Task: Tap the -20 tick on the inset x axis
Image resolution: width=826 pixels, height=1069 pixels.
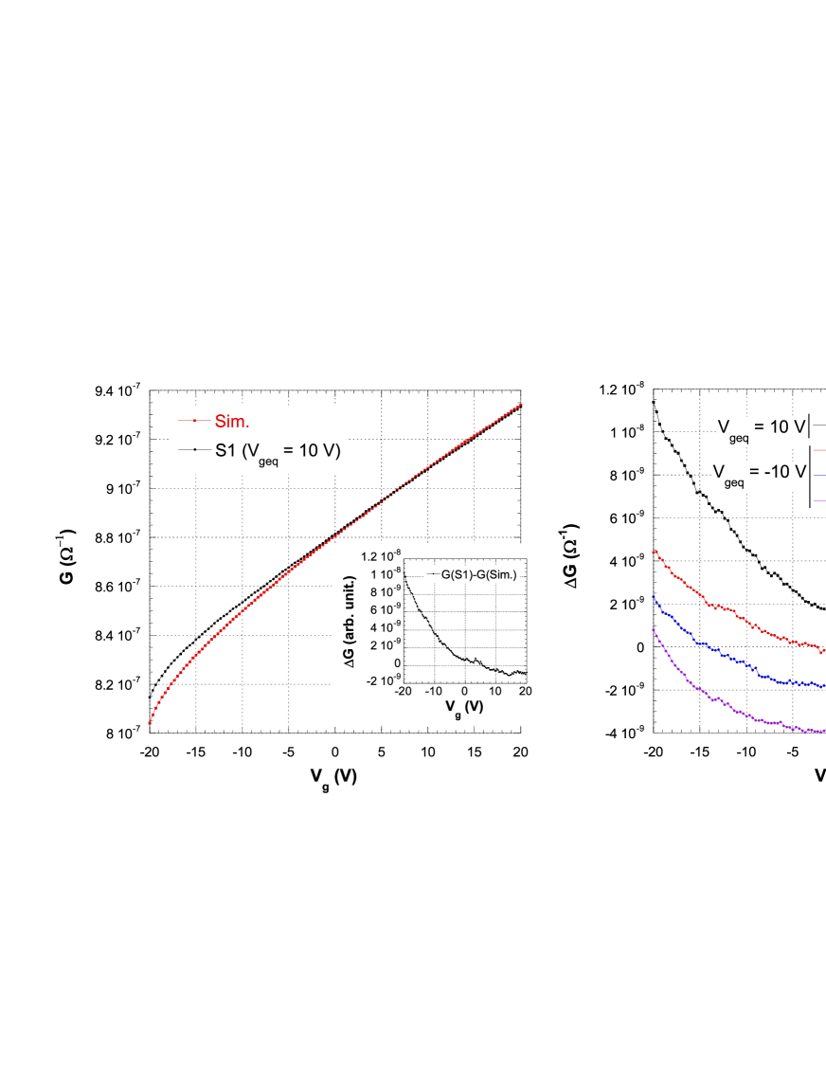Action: (x=404, y=691)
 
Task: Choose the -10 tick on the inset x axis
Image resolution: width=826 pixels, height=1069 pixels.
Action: (x=434, y=691)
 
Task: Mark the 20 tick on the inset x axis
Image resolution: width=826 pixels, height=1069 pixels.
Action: (x=525, y=691)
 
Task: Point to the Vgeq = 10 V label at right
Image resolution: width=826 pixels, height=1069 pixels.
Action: (x=760, y=427)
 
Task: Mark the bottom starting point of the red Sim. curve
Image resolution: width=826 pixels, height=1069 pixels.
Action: (x=150, y=724)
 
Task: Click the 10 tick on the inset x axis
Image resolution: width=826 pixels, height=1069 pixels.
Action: (x=494, y=691)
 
